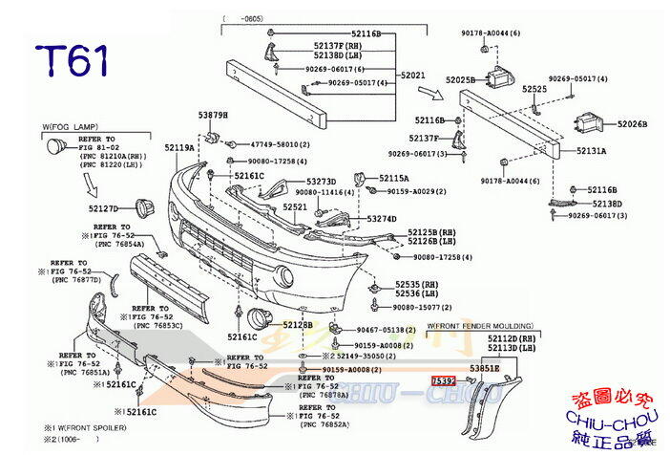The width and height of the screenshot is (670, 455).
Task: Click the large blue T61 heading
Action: click(73, 60)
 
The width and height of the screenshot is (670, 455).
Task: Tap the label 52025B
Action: click(460, 79)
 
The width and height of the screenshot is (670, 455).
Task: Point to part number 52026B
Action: click(631, 123)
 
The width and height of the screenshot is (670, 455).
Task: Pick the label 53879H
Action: click(213, 116)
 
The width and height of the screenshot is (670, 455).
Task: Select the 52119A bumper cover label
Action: click(178, 148)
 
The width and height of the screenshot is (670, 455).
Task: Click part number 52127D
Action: click(103, 207)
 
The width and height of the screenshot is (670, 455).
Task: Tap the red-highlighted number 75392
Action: click(444, 380)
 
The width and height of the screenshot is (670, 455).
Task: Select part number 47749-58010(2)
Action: click(279, 143)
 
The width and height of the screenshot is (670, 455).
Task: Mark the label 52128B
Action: click(296, 325)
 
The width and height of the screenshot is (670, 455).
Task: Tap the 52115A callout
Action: click(393, 178)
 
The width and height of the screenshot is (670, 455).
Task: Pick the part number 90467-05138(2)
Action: click(386, 329)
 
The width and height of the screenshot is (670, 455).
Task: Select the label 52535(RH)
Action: click(416, 284)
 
